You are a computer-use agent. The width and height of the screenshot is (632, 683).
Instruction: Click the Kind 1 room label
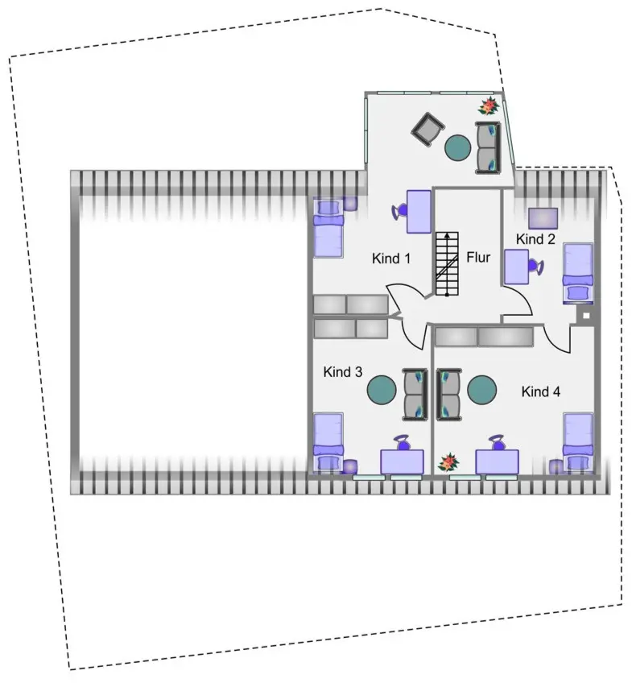[x=391, y=259]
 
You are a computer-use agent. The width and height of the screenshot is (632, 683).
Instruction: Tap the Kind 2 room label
[x=535, y=238]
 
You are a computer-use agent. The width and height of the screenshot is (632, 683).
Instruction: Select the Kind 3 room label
[x=343, y=372]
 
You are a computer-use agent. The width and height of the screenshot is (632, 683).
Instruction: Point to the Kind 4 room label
[x=541, y=392]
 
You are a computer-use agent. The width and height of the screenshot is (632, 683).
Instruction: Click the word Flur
[x=478, y=258]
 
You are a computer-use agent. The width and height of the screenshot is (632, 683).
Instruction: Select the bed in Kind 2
[x=577, y=271]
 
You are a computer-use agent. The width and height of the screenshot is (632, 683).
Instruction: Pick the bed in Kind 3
[x=328, y=442]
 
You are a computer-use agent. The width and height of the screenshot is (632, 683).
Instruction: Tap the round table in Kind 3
[x=382, y=391]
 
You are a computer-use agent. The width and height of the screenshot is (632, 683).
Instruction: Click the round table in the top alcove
[x=458, y=147]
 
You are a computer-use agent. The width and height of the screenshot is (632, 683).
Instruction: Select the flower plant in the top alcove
[x=487, y=106]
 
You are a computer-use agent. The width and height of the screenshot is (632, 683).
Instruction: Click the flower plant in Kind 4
[x=447, y=463]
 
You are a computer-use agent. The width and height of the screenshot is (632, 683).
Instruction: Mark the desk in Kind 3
[x=402, y=462]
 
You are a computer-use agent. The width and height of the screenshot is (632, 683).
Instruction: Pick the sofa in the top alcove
[x=488, y=147]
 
